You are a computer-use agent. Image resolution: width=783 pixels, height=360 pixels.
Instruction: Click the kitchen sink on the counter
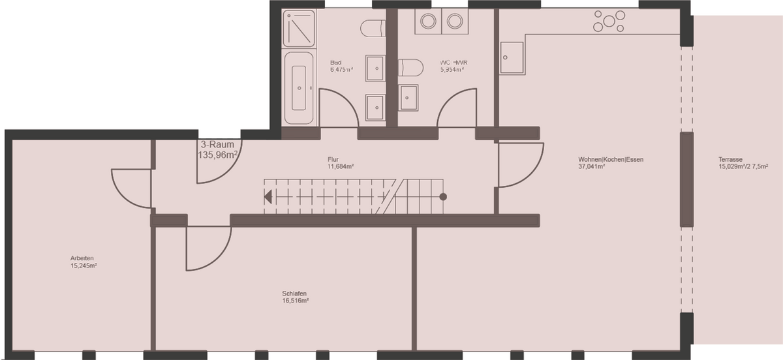point(512,56)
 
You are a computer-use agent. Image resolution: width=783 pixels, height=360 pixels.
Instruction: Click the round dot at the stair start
point(443,196)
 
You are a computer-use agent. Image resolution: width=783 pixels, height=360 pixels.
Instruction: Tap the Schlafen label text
point(295,293)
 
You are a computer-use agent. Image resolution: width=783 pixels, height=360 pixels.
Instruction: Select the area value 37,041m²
point(591,167)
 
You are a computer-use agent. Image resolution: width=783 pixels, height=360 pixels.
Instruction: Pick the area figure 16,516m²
point(295,301)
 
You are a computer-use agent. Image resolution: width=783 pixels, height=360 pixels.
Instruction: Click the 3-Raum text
point(214,145)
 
